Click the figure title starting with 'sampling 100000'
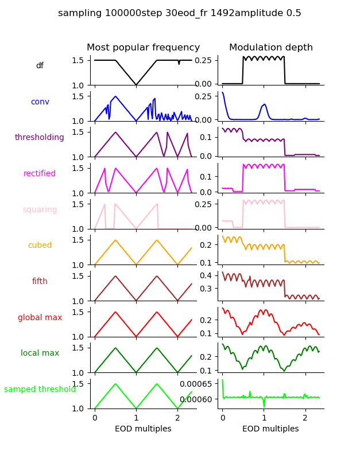(180, 13)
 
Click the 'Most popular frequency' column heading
(144, 48)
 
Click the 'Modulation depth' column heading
(271, 48)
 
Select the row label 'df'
(40, 66)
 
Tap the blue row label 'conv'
(40, 102)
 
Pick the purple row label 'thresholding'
(40, 138)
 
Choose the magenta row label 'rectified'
(40, 174)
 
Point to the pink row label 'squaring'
(40, 209)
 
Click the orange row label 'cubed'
(40, 246)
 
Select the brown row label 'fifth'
(40, 282)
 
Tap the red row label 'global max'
(40, 317)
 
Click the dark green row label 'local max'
(40, 353)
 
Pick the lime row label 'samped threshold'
(40, 390)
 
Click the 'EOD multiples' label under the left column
(143, 429)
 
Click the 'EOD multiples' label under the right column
(270, 429)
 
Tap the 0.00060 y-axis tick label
(196, 399)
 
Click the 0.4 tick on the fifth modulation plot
(207, 275)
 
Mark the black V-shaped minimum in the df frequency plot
(136, 85)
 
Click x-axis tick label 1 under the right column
(264, 418)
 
